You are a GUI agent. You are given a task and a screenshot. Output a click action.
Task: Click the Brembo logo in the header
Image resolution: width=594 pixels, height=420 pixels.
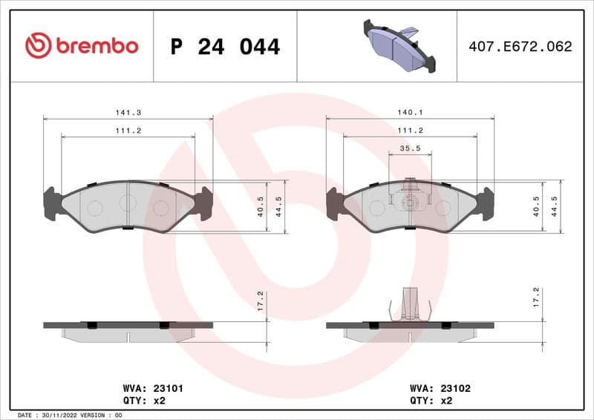pos(82,46)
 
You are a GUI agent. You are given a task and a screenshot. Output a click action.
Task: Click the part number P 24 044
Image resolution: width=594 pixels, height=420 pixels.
pos(225,47)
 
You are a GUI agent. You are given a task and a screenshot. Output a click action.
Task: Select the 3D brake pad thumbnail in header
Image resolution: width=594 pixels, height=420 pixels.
pos(399,45)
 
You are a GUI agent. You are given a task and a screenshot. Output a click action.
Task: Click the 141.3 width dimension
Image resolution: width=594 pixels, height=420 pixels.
pos(128,112)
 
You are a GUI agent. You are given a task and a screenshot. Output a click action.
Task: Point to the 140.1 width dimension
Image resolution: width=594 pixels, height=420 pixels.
pos(410,112)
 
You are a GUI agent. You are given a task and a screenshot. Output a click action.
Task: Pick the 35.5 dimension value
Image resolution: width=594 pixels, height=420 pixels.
pos(410,148)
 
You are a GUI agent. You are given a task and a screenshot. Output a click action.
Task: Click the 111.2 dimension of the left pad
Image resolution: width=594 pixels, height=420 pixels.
pos(128,130)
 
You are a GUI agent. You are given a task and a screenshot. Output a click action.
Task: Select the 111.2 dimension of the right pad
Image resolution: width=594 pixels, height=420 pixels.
pos(410,130)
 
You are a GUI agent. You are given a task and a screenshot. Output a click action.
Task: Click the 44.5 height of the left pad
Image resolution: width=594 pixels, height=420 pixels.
pos(278,206)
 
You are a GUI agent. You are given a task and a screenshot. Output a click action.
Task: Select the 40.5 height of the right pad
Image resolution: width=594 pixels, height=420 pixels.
pos(537,206)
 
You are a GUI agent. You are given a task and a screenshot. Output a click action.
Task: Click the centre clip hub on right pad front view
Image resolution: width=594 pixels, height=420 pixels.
pos(410,203)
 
